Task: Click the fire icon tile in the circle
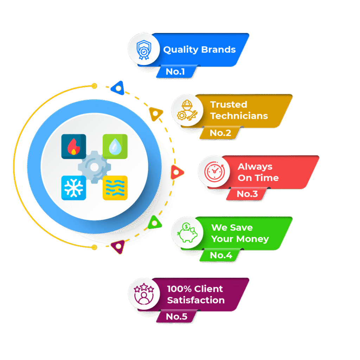pos(73,146)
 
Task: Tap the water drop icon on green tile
pos(115,146)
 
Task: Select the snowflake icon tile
pos(73,188)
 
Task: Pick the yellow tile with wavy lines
pos(115,188)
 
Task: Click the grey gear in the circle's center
pos(94,167)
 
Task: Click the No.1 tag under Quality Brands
pos(175,72)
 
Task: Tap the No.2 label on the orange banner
pos(220,133)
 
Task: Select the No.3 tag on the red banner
pos(247,194)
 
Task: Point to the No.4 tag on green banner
pos(221,255)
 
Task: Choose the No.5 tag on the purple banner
pos(176,316)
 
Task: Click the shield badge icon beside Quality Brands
pos(143,49)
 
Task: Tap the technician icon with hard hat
pos(187,110)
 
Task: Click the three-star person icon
pos(143,294)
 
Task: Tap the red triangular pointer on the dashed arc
pos(177,172)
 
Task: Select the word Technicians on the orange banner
pos(239,116)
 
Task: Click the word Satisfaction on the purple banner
pos(196,300)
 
